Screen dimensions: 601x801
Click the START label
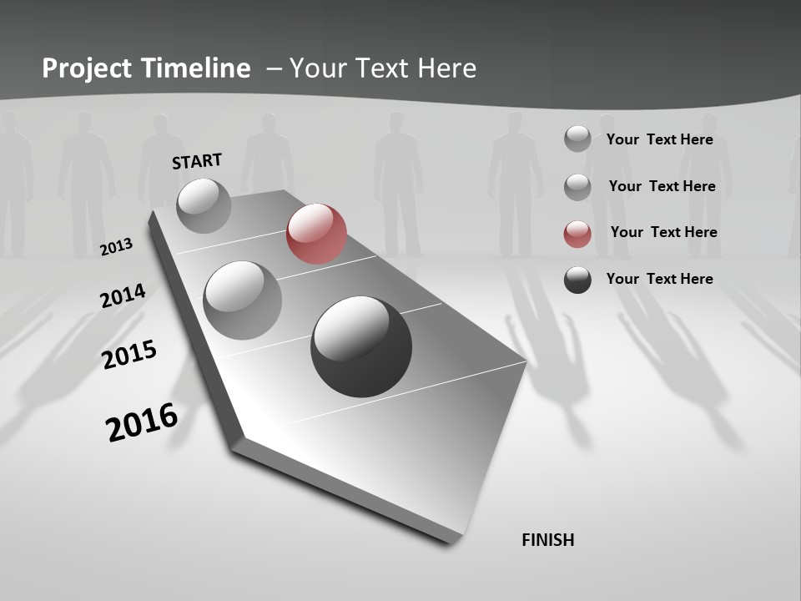[197, 161]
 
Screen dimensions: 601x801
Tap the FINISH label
[548, 540]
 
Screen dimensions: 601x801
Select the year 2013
[117, 246]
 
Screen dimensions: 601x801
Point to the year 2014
[123, 296]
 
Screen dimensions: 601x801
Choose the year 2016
[142, 422]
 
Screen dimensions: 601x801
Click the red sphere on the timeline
[316, 234]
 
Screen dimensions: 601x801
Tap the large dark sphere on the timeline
[361, 346]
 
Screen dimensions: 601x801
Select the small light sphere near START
[204, 205]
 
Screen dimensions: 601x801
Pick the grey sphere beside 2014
[243, 300]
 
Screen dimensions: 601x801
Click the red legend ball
[577, 234]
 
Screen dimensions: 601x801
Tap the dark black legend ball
[577, 280]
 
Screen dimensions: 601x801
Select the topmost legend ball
[577, 139]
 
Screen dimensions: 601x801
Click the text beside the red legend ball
[663, 232]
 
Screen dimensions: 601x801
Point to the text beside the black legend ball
[659, 279]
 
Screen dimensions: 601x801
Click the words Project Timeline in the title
[146, 68]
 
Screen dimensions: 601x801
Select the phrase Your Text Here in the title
[383, 68]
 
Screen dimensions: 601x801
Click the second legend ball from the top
[577, 187]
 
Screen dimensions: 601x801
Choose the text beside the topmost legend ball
[659, 139]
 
